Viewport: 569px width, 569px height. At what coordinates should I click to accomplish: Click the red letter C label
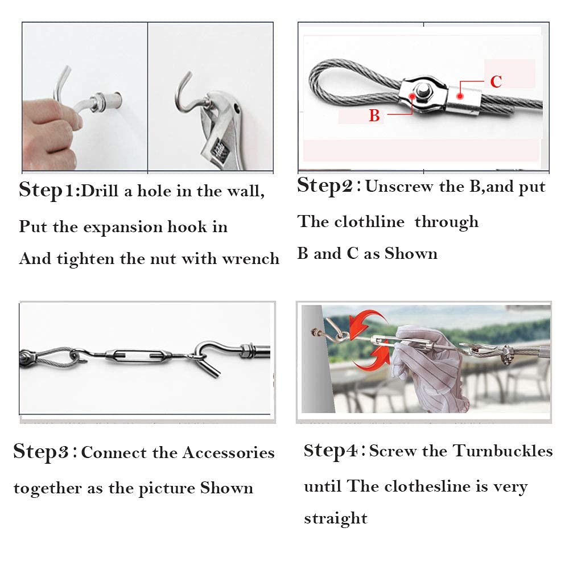click(496, 81)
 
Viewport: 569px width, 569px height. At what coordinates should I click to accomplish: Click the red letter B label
click(374, 116)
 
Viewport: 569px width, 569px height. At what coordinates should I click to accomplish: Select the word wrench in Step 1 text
click(251, 259)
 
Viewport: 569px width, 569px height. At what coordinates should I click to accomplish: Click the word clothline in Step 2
click(369, 221)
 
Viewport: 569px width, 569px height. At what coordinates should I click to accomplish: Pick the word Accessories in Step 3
click(229, 452)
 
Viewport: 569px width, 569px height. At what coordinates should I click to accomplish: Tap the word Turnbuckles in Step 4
click(503, 451)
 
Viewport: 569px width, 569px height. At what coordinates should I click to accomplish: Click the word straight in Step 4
click(336, 518)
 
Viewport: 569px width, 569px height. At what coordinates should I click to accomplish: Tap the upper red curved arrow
click(365, 321)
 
